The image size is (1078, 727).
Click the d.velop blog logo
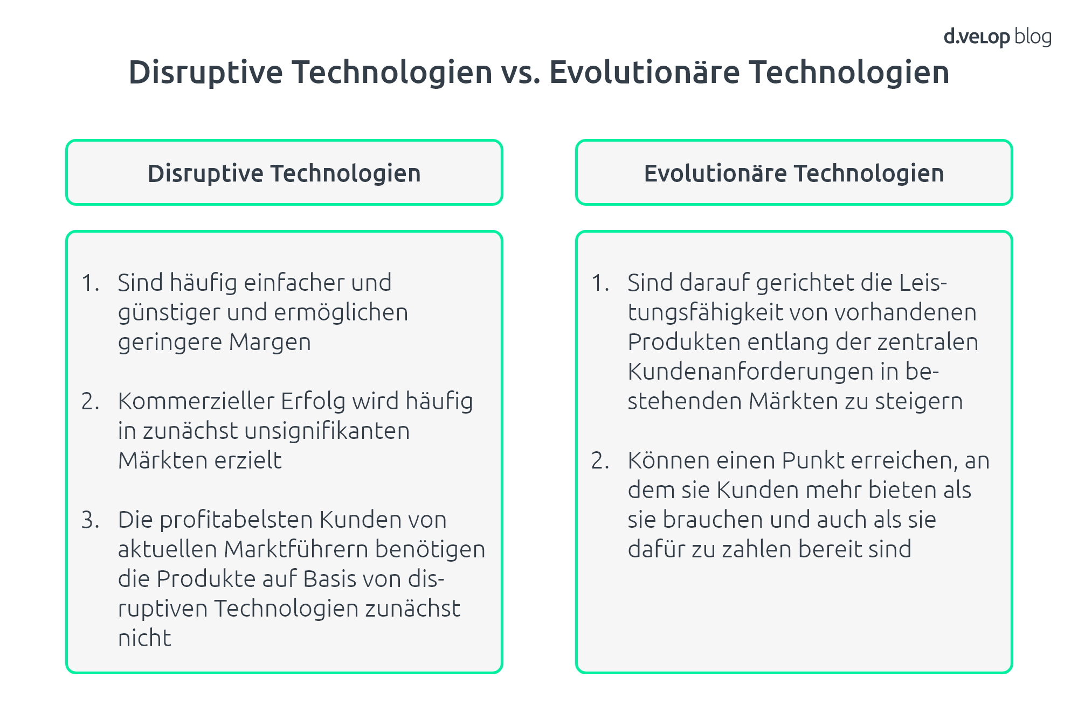(998, 37)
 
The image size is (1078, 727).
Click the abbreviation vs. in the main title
(521, 72)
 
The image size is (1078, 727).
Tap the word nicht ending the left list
(144, 638)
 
